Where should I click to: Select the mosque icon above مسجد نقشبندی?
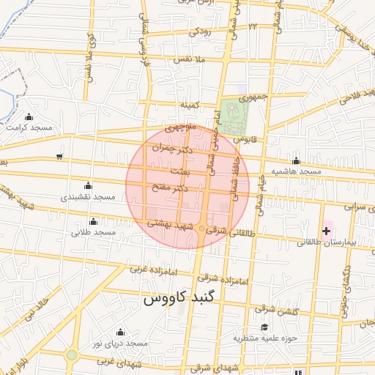coord(89,185)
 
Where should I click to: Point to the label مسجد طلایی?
coord(94,232)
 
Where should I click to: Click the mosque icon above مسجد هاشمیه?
coord(296,160)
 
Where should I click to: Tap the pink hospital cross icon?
coord(326,231)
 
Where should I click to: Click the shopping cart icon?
coord(59,156)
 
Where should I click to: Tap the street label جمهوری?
coord(264,96)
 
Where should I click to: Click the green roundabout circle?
coord(71,355)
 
